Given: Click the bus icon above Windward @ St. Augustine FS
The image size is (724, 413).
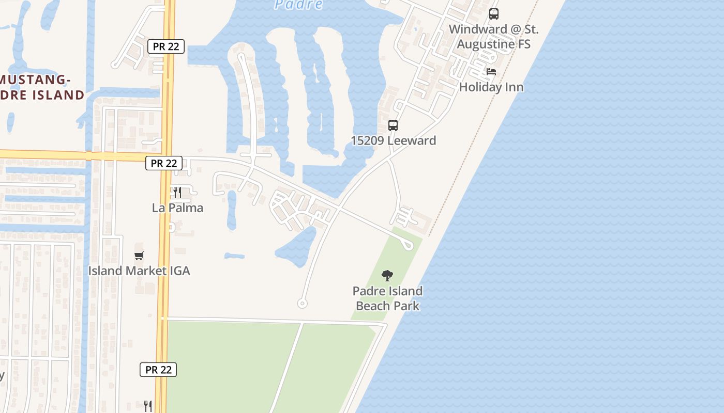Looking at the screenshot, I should click(x=494, y=14).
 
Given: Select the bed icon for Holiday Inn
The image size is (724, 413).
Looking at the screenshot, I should click(x=491, y=72).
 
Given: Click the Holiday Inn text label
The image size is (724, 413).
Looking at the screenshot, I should click(x=491, y=87).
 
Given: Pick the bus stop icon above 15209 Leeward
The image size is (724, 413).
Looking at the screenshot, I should click(x=393, y=125).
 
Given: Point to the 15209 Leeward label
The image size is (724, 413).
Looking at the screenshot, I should click(x=393, y=140).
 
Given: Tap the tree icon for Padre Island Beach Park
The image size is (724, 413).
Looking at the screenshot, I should click(x=387, y=276).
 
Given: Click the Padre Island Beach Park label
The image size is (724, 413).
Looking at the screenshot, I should click(x=388, y=298).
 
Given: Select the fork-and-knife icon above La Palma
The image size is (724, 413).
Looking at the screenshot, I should click(x=177, y=193).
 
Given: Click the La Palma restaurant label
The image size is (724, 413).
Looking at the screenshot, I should click(x=177, y=208).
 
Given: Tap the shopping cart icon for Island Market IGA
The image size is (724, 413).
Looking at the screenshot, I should click(x=139, y=256).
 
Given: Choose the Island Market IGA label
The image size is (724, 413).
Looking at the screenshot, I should click(x=139, y=271).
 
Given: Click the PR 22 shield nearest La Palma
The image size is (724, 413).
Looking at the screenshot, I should click(x=164, y=163).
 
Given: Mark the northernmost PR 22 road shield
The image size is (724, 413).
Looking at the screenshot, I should click(x=166, y=46).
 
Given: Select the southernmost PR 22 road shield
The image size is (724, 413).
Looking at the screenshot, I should click(x=158, y=370).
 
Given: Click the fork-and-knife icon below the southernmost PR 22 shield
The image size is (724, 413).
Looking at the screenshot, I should click(x=147, y=405).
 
